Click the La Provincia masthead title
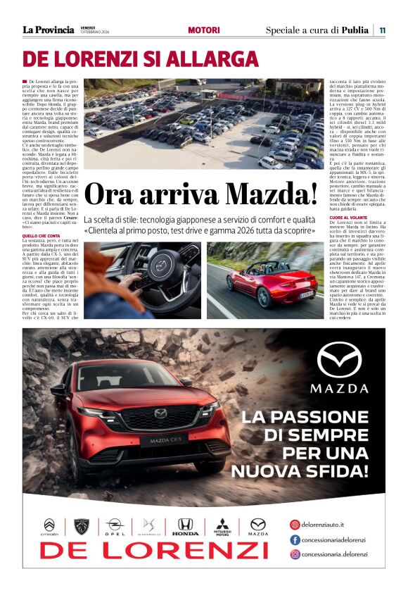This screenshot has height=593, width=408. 48,30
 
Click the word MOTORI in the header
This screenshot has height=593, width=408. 204,30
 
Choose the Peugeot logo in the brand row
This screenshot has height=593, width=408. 82,525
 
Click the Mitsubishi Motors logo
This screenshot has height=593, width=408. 222,527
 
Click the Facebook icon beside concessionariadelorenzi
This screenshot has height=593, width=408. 295,539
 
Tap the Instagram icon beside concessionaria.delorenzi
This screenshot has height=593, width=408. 295,554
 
